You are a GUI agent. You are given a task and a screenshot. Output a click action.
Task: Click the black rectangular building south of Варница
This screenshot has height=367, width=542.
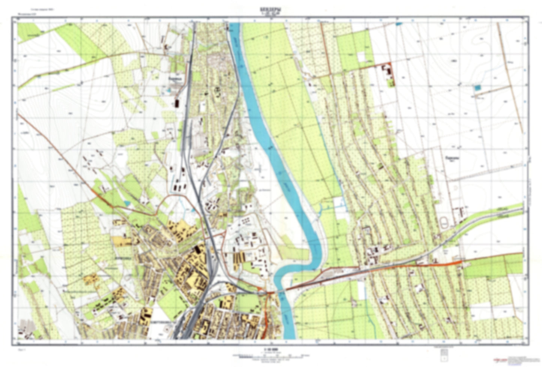coord(176,103)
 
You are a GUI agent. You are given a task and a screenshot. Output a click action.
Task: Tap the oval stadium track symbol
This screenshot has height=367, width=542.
coord(444,223)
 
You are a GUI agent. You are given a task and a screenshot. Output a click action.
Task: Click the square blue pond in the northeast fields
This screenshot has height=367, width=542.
coord(477,88)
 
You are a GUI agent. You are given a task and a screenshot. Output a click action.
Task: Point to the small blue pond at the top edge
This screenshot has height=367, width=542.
coord(399,24)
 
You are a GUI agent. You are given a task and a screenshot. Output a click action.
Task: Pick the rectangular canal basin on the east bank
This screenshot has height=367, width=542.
coord(339,203)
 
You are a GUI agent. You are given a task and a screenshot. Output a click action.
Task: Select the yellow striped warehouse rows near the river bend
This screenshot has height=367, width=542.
coord(239,257)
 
